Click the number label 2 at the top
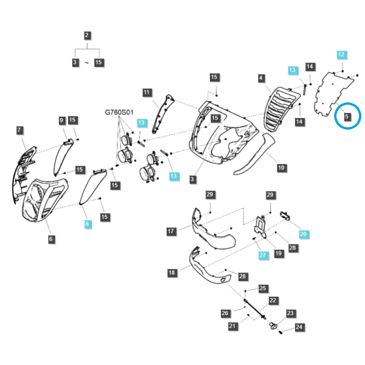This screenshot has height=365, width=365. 87,35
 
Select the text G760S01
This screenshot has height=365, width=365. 119,112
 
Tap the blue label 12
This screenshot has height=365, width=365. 341,55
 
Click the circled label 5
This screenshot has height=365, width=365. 347,116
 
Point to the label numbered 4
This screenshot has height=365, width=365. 261,78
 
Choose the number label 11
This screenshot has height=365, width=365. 147,92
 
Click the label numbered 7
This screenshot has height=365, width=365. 19,130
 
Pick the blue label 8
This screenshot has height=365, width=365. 87,224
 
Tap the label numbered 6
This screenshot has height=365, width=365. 50,239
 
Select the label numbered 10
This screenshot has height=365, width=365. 281,168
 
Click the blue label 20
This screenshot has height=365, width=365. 304,234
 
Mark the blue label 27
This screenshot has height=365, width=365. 263,255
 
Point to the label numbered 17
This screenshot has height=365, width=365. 171,231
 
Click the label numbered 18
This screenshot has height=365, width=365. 172,273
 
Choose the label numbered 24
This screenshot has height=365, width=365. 299,327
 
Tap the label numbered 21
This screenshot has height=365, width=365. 232,326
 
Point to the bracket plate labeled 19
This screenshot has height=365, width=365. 260,227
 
